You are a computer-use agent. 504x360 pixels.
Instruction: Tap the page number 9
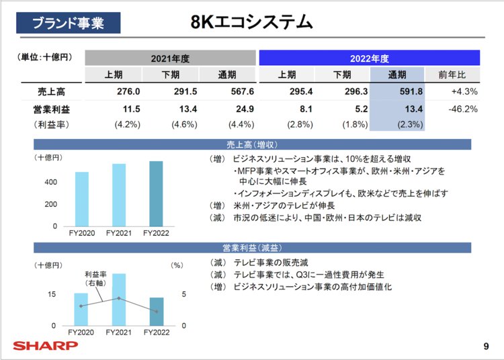pos(486,347)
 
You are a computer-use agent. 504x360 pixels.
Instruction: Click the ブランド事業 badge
pos(69,24)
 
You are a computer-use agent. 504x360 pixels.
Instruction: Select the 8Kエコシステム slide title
pos(252,22)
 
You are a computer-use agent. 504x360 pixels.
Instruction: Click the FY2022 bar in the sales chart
pos(156,193)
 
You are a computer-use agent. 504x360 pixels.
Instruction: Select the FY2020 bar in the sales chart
pos(82,199)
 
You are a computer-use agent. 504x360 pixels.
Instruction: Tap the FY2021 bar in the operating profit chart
pos(119,300)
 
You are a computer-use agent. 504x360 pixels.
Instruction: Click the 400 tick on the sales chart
pos(50,182)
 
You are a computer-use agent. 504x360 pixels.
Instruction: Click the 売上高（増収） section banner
pos(252,144)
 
